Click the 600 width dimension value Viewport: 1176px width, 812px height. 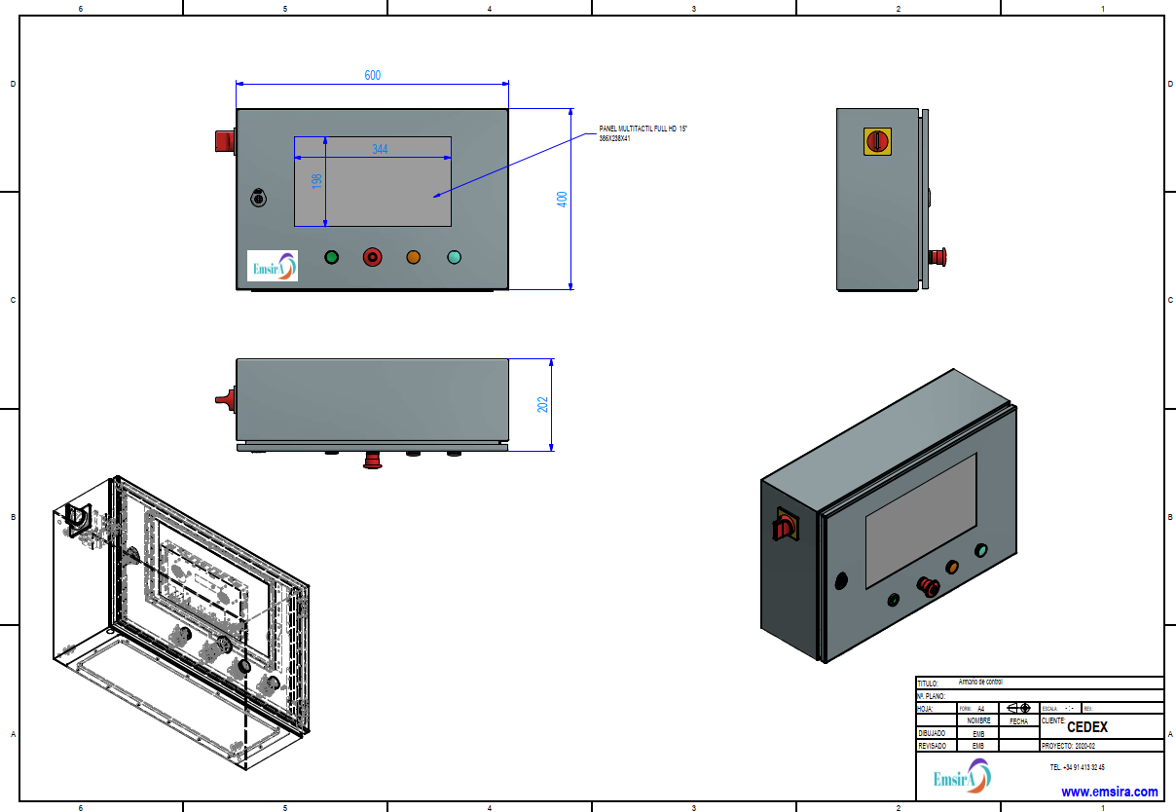[x=373, y=75]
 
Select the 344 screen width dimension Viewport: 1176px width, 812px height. [x=380, y=149]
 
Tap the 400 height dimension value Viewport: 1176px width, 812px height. [x=562, y=200]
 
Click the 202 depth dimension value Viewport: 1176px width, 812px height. [x=543, y=403]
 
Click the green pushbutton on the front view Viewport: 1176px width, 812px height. [x=332, y=257]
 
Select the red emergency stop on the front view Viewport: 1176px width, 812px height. [x=373, y=257]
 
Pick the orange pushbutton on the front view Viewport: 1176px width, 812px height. [x=413, y=257]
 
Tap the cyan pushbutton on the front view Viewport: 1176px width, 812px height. [x=454, y=257]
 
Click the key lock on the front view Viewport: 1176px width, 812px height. [x=259, y=197]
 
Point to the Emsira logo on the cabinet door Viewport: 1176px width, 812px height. [x=273, y=266]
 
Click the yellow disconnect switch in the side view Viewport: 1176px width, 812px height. [x=877, y=141]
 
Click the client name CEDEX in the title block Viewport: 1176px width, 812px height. [x=1086, y=726]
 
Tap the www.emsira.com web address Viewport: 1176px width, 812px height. [x=1109, y=792]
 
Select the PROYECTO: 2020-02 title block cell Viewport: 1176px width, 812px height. [x=1069, y=746]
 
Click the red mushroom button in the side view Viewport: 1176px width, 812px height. [x=938, y=257]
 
